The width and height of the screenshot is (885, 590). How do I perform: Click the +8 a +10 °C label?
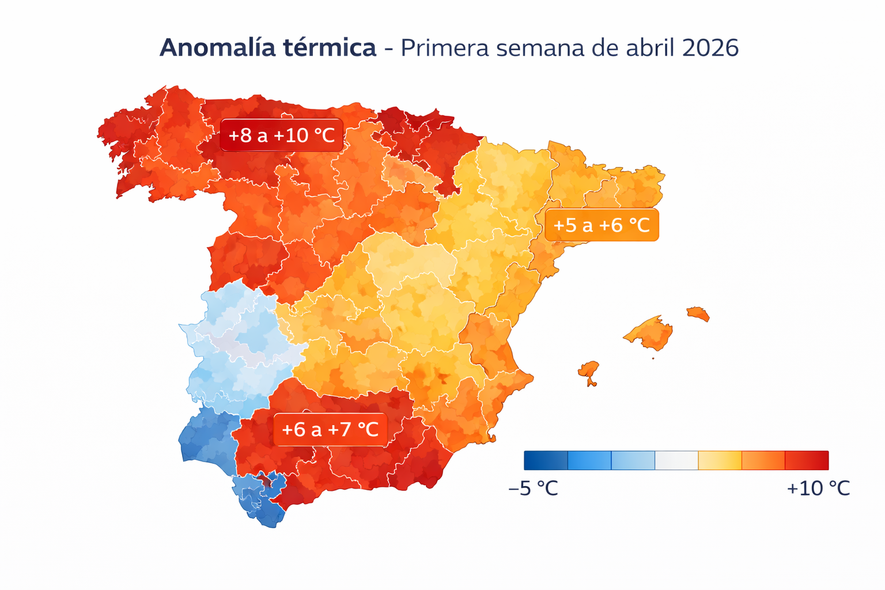click(x=281, y=135)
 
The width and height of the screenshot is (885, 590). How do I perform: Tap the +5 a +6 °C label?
click(x=601, y=225)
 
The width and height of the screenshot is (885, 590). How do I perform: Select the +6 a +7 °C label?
click(x=330, y=429)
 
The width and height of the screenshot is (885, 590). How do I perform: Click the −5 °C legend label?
click(x=533, y=489)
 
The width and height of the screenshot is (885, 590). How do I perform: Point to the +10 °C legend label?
click(x=818, y=489)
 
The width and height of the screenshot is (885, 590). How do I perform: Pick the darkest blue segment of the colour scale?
click(x=546, y=460)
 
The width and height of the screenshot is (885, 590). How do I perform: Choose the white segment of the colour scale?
click(x=676, y=460)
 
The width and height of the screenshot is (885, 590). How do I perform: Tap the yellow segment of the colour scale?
click(x=720, y=460)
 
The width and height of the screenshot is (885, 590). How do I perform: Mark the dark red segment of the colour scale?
click(x=807, y=460)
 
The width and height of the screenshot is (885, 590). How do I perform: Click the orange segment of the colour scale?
click(x=763, y=460)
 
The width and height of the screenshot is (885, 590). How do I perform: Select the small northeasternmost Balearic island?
click(x=698, y=313)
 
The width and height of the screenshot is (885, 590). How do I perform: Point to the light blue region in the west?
click(x=236, y=346)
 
